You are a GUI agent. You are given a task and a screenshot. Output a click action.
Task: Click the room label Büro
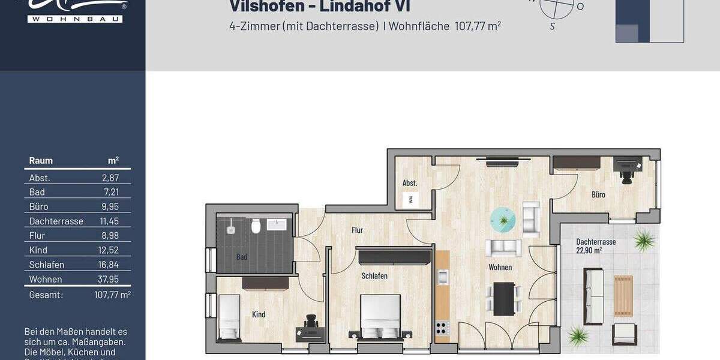598,194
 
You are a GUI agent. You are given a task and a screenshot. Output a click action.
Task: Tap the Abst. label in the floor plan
410,183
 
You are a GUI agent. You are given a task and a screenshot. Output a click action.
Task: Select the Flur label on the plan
357,230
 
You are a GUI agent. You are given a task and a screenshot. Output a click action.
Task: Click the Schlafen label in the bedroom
374,276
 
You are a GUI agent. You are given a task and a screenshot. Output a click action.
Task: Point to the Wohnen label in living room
500,267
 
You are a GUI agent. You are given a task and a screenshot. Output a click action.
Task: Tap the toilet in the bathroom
256,226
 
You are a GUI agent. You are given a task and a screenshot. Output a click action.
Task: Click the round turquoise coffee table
503,220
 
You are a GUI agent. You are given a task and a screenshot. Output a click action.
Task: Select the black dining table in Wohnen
503,298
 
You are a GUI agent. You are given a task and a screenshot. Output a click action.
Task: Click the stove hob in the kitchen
442,328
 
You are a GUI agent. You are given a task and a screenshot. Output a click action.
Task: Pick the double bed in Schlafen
380,317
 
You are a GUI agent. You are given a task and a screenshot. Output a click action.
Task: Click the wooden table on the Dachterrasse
623,296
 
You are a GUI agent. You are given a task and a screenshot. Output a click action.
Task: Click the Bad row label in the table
37,192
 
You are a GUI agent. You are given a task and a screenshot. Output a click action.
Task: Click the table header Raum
41,161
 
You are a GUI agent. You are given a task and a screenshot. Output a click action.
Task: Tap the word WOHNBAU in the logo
75,19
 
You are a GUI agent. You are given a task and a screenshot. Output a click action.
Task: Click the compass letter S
552,26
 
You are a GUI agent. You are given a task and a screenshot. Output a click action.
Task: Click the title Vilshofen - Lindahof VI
320,7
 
